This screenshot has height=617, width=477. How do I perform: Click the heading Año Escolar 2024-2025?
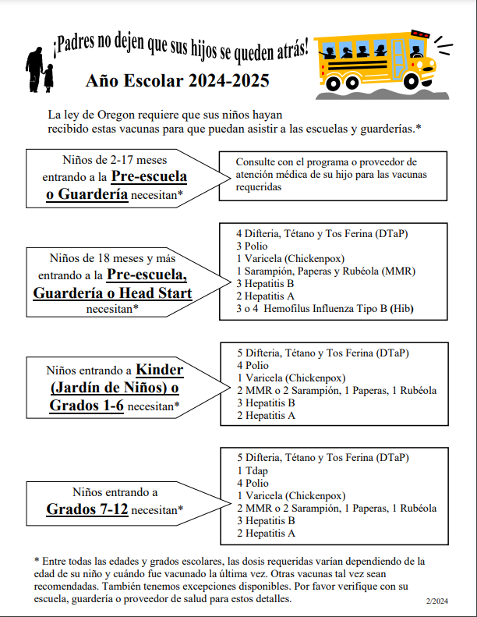178,80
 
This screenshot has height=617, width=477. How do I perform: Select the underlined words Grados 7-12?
87,510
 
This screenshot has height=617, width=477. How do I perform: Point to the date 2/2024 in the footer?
438,601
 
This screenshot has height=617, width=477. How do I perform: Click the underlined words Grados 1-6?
86,406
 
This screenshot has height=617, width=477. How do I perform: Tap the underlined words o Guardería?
87,194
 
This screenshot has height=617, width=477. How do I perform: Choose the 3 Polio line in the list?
253,246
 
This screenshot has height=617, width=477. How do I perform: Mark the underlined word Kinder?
161,369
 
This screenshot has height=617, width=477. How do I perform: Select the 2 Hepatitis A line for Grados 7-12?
266,534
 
